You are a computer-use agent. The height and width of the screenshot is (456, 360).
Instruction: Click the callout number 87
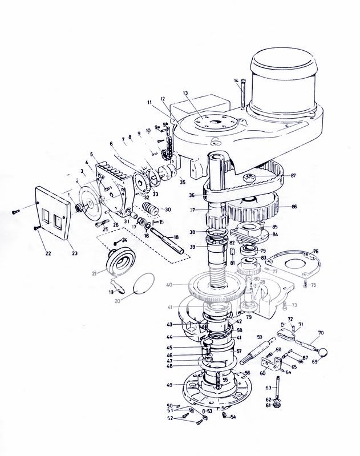pyautogui.click(x=293, y=175)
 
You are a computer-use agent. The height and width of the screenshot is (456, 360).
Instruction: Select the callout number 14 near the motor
pyautogui.click(x=236, y=82)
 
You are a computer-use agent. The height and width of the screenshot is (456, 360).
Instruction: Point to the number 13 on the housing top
pyautogui.click(x=185, y=93)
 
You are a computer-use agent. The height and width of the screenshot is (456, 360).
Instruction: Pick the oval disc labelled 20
pyautogui.click(x=143, y=284)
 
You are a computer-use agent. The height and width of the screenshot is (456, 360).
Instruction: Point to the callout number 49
pyautogui.click(x=169, y=385)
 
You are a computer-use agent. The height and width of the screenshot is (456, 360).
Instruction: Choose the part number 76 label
pyautogui.click(x=315, y=251)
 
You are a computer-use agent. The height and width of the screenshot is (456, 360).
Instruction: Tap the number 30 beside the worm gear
pyautogui.click(x=168, y=209)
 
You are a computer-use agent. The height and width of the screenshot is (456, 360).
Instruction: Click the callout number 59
pyautogui.click(x=259, y=337)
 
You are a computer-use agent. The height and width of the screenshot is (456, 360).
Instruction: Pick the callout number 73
pyautogui.click(x=294, y=305)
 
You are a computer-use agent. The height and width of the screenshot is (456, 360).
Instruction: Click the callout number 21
pyautogui.click(x=94, y=274)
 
